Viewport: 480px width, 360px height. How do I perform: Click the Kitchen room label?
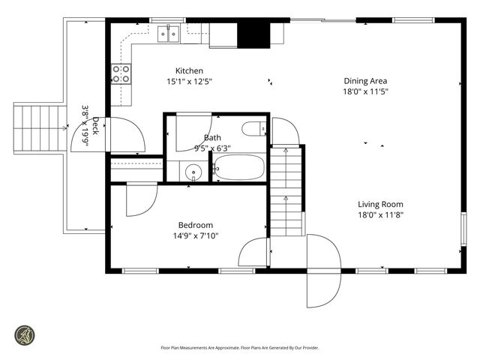190,71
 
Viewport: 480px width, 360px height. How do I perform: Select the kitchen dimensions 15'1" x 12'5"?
190,82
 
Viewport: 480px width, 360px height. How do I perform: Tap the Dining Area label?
365,81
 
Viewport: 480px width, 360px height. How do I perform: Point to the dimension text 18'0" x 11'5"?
365,91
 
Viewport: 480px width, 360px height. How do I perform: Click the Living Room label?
380,204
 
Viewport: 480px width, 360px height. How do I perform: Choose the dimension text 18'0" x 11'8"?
380,214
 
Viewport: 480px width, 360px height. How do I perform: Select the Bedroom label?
195,225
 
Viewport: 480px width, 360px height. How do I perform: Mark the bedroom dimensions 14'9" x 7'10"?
195,235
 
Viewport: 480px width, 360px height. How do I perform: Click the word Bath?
212,138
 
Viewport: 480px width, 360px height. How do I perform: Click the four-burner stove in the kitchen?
121,73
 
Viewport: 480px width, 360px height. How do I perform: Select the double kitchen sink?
168,32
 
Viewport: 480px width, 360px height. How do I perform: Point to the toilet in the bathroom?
254,128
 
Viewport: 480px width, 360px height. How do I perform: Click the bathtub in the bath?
239,167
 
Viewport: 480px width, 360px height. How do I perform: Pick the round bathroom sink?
194,172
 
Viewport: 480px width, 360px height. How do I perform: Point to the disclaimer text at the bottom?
239,347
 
